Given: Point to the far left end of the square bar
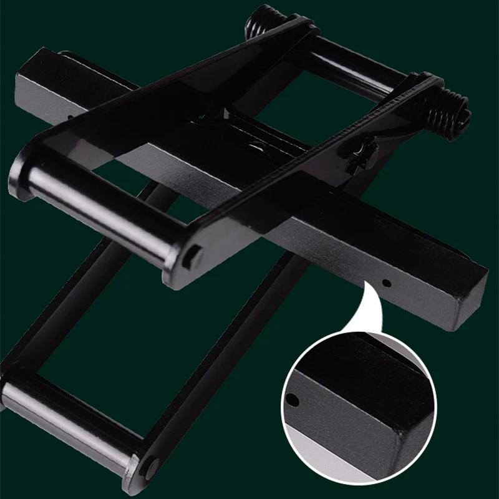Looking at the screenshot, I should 28,78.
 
